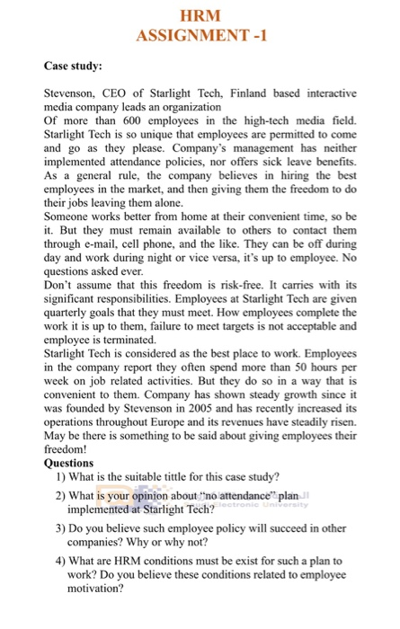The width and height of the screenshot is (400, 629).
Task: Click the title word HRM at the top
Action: click(200, 15)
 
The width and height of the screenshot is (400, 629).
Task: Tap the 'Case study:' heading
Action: click(73, 66)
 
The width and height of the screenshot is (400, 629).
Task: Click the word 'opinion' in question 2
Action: click(159, 495)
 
